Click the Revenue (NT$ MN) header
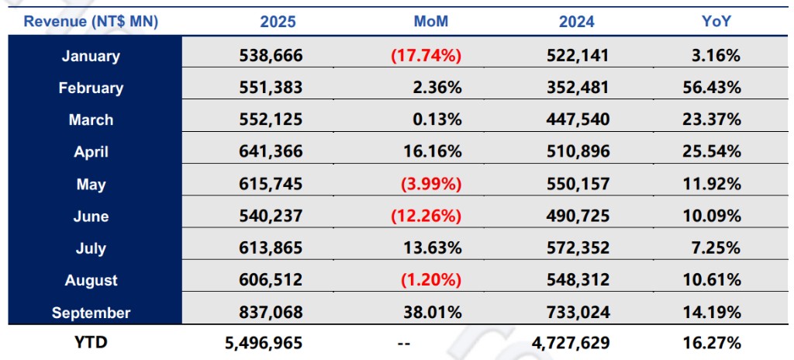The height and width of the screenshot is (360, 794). pos(91,22)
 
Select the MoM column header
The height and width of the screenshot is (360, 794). pos(431,22)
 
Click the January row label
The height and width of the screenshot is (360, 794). pos(91,56)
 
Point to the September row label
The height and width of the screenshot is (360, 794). pos(91,313)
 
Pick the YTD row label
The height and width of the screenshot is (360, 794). pos(91,342)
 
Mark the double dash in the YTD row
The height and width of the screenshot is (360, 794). pos(402,342)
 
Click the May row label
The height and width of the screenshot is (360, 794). pos(91,185)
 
